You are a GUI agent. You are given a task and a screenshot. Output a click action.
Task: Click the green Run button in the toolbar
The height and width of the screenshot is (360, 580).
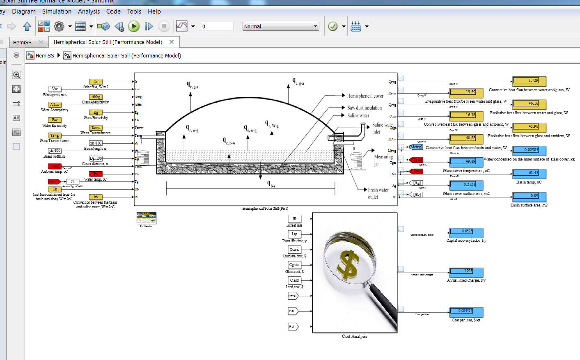[x=134, y=27]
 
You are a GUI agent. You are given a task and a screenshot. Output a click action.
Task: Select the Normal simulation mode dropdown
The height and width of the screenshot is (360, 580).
[x=281, y=27]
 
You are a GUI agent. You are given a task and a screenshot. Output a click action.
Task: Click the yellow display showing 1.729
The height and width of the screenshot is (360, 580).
[x=530, y=81]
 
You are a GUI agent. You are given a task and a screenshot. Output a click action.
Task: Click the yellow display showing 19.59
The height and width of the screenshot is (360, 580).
[x=466, y=92]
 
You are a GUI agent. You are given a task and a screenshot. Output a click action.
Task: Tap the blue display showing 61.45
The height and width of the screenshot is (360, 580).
[x=530, y=173]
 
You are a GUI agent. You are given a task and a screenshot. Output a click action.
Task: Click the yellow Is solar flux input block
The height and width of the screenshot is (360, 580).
[x=96, y=82]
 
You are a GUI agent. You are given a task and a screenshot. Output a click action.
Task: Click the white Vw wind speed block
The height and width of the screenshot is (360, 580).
[x=55, y=89]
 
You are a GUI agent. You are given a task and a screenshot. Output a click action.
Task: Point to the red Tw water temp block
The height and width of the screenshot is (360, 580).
[x=96, y=174]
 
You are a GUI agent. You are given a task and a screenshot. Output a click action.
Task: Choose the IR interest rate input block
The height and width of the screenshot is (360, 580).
[x=294, y=219]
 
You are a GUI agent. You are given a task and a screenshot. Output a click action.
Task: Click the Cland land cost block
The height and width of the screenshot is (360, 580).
[x=294, y=280]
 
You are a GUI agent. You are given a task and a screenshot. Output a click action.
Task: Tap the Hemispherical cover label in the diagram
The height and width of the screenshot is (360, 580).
[x=365, y=96]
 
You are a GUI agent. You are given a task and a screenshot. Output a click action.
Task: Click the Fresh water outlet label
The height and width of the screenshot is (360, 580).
[x=378, y=193]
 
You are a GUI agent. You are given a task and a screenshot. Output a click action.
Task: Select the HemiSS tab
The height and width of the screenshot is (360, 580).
[x=22, y=42]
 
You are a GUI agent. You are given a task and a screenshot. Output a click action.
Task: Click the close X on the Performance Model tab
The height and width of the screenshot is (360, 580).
[x=172, y=42]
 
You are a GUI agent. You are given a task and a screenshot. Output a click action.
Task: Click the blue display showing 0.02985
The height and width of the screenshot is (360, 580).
[x=530, y=150]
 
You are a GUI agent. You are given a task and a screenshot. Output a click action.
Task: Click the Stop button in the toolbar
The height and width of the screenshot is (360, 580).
[x=164, y=27]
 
